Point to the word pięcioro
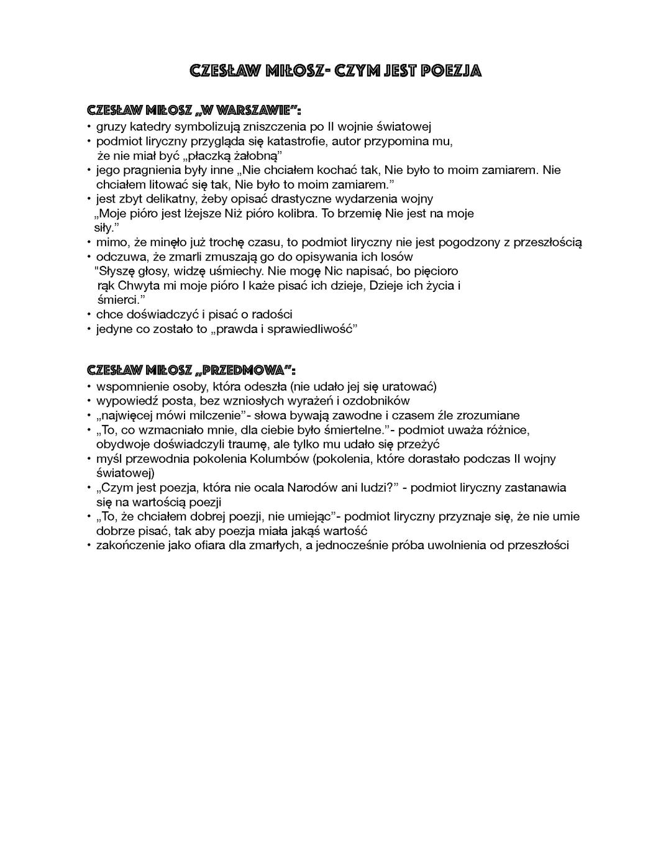click(x=437, y=271)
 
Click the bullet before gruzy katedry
click(x=89, y=127)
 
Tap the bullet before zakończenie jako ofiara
click(x=89, y=546)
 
